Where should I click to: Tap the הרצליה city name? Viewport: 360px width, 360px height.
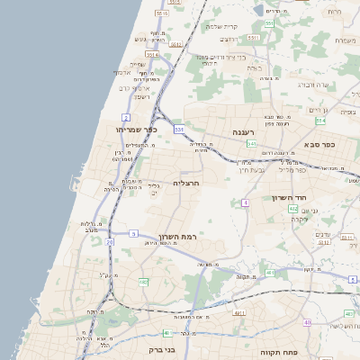(x=185, y=183)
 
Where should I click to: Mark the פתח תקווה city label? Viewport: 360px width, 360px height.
(x=278, y=352)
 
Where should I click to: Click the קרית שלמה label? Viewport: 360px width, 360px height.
(x=220, y=26)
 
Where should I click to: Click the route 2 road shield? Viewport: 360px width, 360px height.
(x=126, y=118)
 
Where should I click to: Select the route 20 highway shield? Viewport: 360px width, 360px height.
(x=110, y=242)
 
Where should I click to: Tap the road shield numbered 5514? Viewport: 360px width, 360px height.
(x=151, y=54)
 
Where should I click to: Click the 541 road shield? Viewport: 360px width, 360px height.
(x=253, y=144)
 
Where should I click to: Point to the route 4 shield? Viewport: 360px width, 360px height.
(x=245, y=203)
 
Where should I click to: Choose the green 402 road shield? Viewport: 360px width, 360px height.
(x=293, y=209)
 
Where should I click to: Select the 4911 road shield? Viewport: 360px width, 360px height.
(x=239, y=312)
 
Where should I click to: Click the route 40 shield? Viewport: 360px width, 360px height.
(x=307, y=322)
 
